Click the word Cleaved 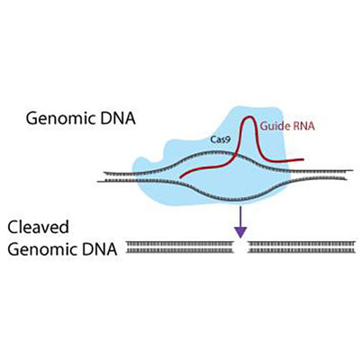(x=38, y=228)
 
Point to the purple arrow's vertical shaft (x=240, y=216)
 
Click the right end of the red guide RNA (x=302, y=162)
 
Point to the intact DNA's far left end (x=99, y=176)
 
